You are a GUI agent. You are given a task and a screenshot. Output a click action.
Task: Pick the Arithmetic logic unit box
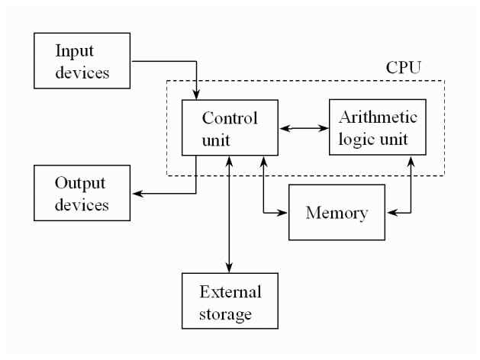pyautogui.click(x=377, y=127)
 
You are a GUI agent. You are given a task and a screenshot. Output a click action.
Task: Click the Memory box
pyautogui.click(x=337, y=211)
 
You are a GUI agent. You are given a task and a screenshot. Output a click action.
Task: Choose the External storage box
pyautogui.click(x=230, y=302)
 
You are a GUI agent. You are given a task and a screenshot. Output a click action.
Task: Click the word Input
pyautogui.click(x=73, y=52)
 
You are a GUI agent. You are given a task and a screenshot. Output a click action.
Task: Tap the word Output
pyautogui.click(x=79, y=185)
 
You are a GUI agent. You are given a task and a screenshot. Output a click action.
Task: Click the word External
pyautogui.click(x=230, y=293)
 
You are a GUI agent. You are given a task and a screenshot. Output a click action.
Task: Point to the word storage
pyautogui.click(x=230, y=312)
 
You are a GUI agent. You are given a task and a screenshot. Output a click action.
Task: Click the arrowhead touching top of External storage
pyautogui.click(x=230, y=268)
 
